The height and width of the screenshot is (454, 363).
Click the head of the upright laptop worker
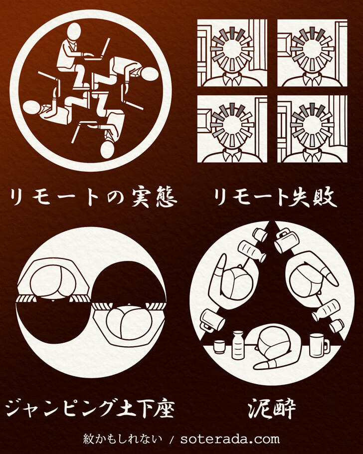[x=74, y=31]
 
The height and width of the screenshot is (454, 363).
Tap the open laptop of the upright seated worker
[x=98, y=51]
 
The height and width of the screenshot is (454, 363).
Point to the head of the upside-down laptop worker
[x=107, y=149]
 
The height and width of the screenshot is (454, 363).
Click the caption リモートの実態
[x=93, y=198]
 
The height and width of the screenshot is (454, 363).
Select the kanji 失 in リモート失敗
[x=299, y=198]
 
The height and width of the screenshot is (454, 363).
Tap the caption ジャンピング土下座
[x=90, y=408]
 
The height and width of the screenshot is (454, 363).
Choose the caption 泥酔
[x=272, y=408]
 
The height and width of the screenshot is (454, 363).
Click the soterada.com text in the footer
[x=230, y=439]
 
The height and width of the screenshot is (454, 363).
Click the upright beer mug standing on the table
[x=319, y=345]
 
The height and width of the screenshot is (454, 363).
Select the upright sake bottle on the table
[x=238, y=345]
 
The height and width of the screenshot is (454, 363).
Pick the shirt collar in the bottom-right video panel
[x=312, y=155]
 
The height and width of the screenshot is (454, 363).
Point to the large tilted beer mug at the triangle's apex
[x=286, y=240]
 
